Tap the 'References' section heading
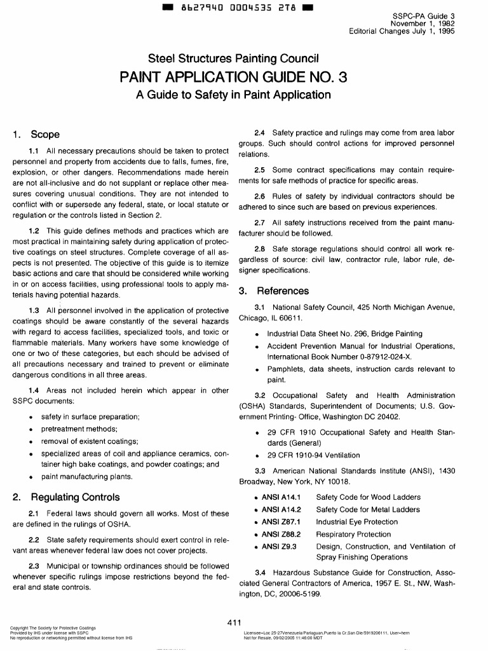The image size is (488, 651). (x=273, y=291)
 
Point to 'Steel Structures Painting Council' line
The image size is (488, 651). (x=233, y=59)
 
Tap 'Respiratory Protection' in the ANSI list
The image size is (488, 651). (x=353, y=534)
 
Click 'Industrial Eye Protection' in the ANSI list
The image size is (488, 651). (x=357, y=522)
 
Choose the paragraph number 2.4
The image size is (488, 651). (x=259, y=133)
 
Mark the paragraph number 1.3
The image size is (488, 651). (x=35, y=310)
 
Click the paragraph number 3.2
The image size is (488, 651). (x=259, y=395)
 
